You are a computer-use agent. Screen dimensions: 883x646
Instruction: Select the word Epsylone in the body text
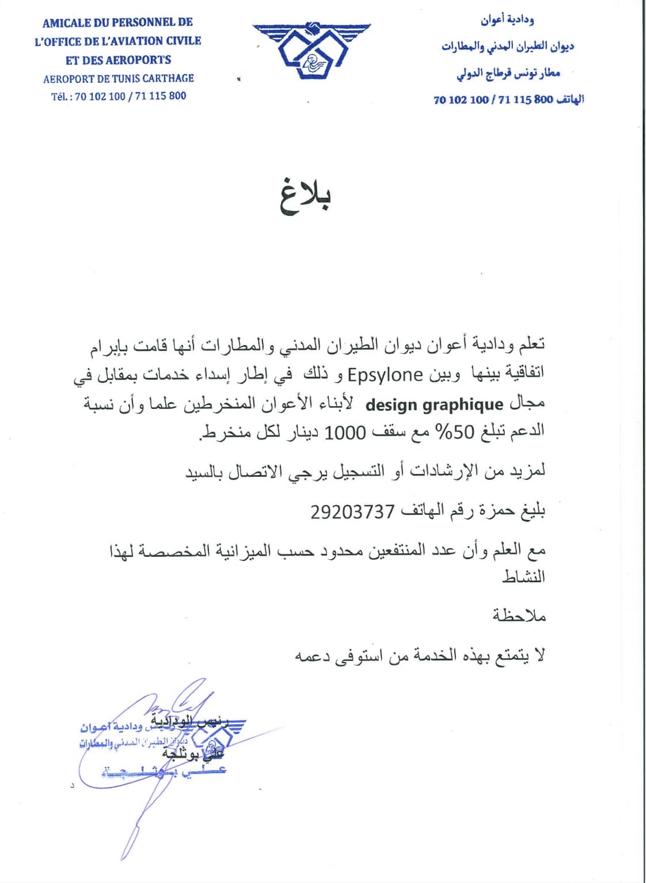click(x=385, y=375)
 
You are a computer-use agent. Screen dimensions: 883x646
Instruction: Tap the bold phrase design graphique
click(x=435, y=404)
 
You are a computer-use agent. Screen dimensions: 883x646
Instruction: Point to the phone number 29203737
click(x=352, y=511)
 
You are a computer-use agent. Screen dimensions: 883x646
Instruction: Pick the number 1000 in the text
click(x=345, y=432)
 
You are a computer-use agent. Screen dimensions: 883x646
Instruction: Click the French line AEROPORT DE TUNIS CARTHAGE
click(x=119, y=78)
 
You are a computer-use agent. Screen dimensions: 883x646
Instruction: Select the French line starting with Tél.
click(x=119, y=96)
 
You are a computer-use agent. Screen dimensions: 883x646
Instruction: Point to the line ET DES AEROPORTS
click(x=119, y=60)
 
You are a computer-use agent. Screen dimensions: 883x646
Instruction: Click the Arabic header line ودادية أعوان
click(x=507, y=21)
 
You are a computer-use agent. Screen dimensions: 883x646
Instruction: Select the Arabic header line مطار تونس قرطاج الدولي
click(x=508, y=73)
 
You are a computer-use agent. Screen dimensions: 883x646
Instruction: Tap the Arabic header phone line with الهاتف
click(x=508, y=100)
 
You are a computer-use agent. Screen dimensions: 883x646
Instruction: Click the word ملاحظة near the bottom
click(x=519, y=616)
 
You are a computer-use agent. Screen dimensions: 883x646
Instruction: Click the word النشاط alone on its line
click(x=523, y=577)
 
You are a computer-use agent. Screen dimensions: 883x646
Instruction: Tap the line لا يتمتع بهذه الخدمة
click(x=420, y=656)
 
